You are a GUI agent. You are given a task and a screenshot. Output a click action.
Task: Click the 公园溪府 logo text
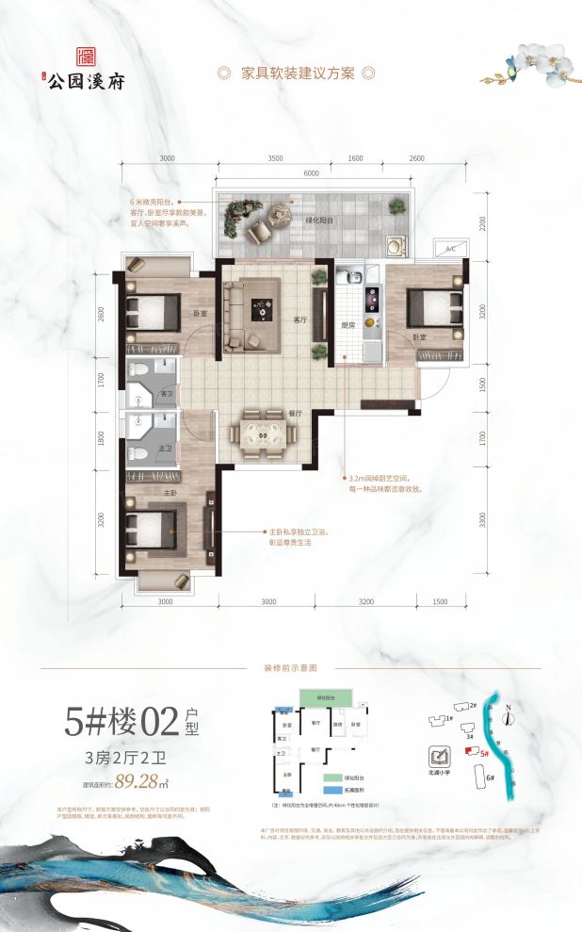pyautogui.click(x=84, y=79)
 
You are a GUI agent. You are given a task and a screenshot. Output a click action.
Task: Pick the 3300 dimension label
pyautogui.click(x=484, y=519)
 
